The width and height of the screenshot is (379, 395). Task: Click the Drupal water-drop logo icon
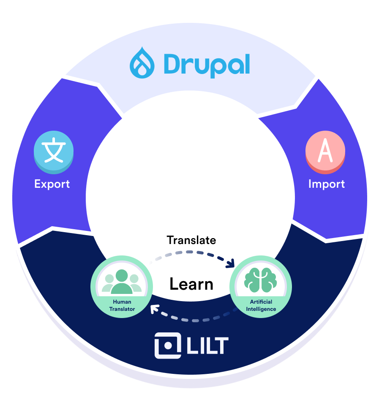click(x=142, y=63)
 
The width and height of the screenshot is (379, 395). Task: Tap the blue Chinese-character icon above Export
click(x=54, y=152)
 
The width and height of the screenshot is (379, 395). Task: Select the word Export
click(x=52, y=184)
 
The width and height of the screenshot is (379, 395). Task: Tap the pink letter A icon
click(x=325, y=152)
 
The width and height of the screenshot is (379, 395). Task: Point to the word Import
click(x=327, y=184)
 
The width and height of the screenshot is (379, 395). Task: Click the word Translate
click(x=191, y=240)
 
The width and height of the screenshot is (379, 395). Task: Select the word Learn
click(x=191, y=284)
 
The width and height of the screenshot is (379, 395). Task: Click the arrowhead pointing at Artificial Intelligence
click(x=231, y=263)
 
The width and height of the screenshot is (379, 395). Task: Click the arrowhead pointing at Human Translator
click(x=154, y=309)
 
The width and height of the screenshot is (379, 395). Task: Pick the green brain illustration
click(x=260, y=280)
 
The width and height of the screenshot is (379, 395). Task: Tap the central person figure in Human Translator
click(x=122, y=281)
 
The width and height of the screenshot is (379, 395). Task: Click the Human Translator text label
click(x=122, y=305)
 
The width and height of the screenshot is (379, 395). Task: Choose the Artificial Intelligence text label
click(x=261, y=305)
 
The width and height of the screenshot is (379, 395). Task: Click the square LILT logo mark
click(x=168, y=346)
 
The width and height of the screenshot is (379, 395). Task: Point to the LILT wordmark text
click(x=207, y=346)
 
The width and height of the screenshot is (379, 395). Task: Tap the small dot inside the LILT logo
click(x=168, y=346)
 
